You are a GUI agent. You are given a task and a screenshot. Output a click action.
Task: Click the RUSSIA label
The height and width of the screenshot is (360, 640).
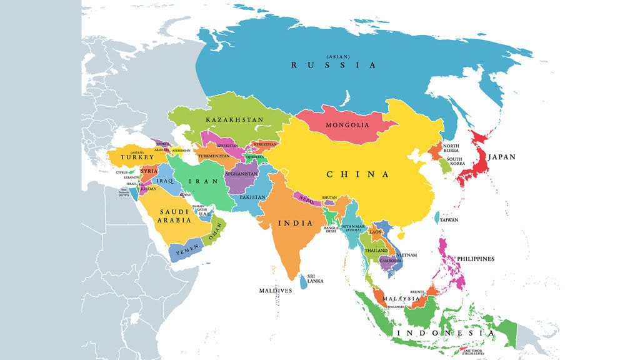[334, 65]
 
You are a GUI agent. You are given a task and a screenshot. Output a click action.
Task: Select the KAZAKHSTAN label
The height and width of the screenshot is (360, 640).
[234, 119]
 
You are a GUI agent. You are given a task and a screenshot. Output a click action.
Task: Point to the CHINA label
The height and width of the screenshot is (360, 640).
[357, 174]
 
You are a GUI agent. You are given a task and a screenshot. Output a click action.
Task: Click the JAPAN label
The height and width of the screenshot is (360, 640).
[502, 157]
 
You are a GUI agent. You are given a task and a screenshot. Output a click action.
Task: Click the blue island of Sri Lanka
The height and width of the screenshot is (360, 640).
[304, 282]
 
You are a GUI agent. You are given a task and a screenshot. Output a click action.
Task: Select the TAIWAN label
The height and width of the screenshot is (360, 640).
[449, 220]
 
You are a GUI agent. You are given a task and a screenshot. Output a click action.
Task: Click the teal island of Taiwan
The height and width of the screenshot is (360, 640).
[436, 217]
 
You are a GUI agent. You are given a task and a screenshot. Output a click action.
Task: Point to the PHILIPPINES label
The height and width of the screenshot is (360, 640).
[475, 259]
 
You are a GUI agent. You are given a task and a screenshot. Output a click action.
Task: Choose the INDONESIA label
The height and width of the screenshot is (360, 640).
[445, 333]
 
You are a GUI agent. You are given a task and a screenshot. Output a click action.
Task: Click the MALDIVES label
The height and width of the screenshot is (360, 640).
[276, 291]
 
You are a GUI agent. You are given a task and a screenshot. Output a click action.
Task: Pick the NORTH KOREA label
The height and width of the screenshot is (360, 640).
[451, 147]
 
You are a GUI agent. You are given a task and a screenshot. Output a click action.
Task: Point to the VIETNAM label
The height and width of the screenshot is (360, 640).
[407, 255]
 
